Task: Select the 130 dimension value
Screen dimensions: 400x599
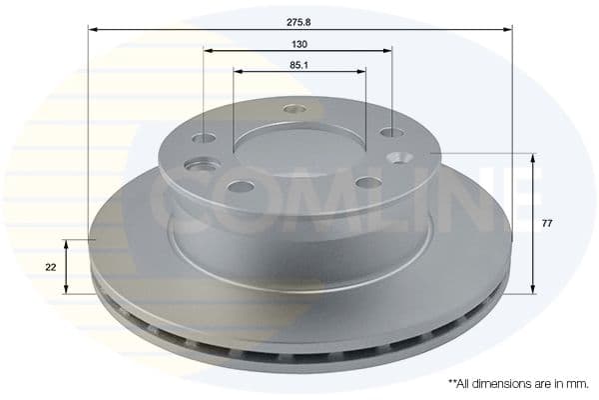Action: [299, 45]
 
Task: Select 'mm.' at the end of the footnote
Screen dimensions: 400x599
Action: [576, 383]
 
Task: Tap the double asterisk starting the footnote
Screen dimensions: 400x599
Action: [452, 382]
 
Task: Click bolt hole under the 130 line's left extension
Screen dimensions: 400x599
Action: [204, 138]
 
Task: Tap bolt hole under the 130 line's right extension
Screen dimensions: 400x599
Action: [391, 132]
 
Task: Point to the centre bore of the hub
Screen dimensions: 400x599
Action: [299, 150]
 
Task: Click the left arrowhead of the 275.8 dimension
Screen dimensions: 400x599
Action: [92, 29]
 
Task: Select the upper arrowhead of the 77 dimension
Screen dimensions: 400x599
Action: [533, 158]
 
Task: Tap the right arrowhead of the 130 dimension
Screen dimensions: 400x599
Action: [387, 49]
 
